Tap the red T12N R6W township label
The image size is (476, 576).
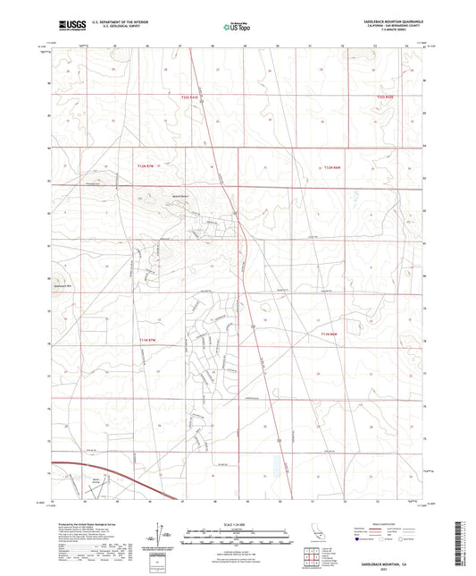click(331, 167)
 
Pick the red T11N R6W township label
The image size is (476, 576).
click(330, 335)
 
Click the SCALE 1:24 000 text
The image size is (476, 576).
click(238, 523)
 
